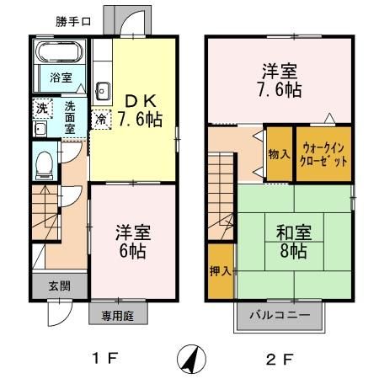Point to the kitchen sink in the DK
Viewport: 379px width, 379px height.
coord(103,91)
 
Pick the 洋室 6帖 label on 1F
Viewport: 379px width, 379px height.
coord(133,239)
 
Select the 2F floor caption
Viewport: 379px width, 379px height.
coord(281,359)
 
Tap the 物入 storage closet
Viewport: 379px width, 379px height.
coord(277,153)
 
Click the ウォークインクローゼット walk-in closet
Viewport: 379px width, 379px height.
coord(322,153)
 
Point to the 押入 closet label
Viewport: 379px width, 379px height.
coord(220,271)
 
